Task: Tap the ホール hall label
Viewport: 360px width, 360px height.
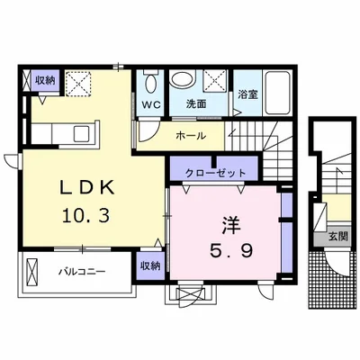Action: pos(191,136)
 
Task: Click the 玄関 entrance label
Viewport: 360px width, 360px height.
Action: pos(337,236)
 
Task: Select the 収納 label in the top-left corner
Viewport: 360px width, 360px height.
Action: pos(44,79)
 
